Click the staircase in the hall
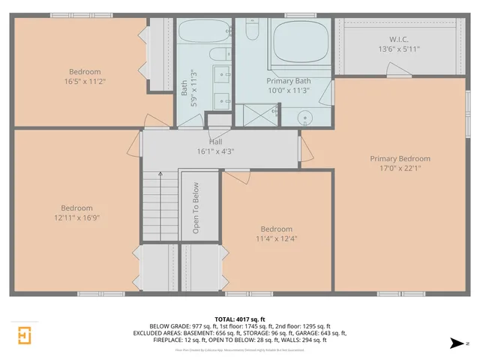click(160, 206)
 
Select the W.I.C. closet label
click(398, 40)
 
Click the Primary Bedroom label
click(400, 158)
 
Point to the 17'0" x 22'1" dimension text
click(400, 168)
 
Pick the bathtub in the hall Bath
click(203, 33)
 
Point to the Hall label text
click(215, 142)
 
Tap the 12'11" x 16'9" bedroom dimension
click(76, 217)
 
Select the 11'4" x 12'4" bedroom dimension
click(277, 238)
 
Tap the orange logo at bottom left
click(25, 334)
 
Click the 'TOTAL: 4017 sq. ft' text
click(239, 319)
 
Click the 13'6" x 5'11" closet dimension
click(398, 49)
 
